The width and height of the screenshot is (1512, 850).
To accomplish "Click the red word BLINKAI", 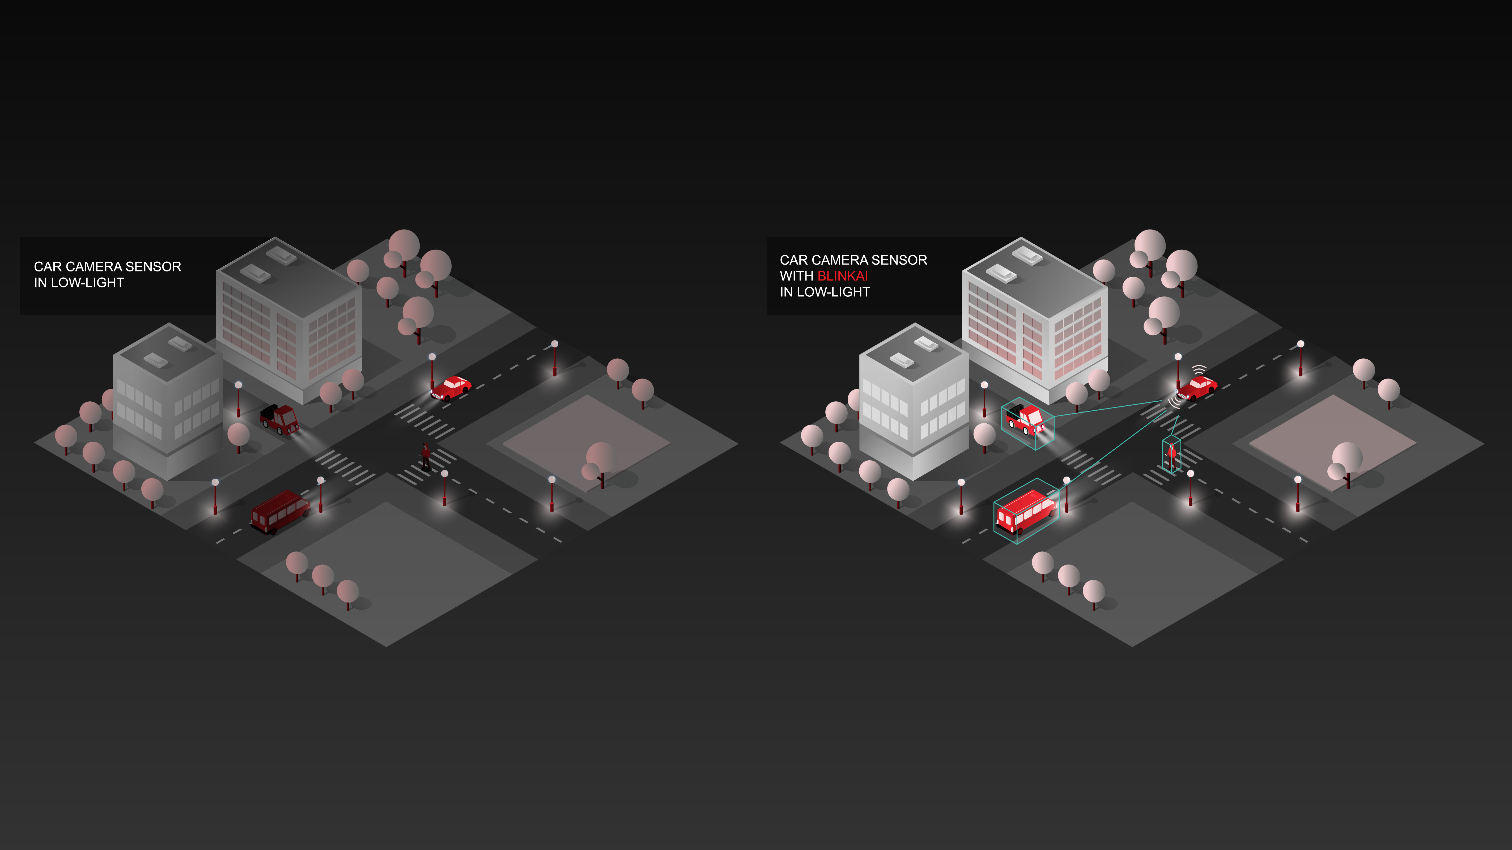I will point(842,276).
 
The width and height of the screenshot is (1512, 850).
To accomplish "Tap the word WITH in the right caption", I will point(796,276).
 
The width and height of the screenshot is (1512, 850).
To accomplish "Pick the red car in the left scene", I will point(451,388).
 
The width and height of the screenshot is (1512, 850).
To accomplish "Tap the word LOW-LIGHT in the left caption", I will point(87,283).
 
